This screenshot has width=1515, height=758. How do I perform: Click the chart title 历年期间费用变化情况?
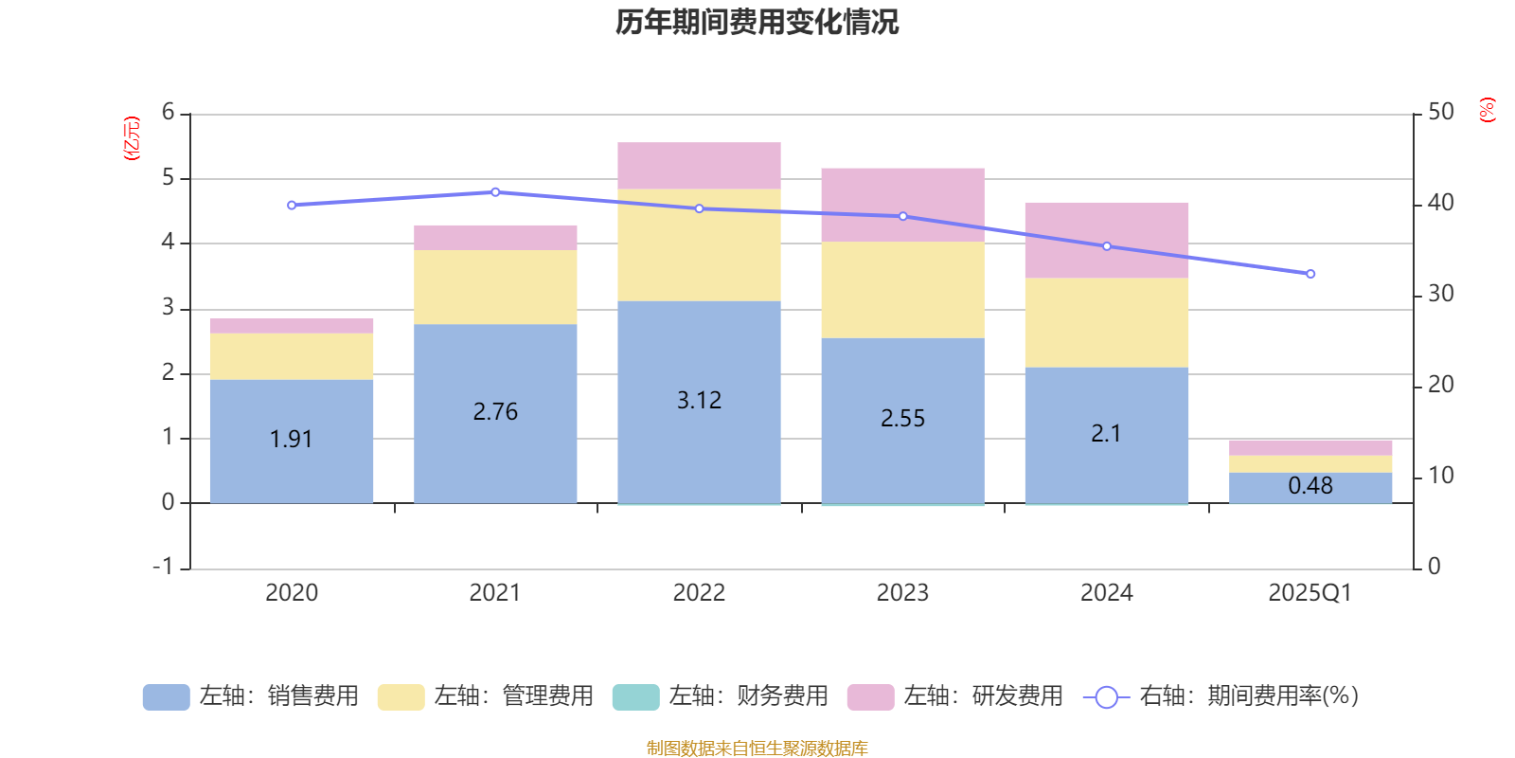tap(757, 22)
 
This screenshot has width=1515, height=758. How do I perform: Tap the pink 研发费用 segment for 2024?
tap(1106, 240)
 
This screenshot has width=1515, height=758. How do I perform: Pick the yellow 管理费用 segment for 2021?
tap(495, 287)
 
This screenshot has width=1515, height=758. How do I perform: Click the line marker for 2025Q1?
tap(1310, 274)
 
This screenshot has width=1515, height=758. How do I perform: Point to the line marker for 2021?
tap(495, 192)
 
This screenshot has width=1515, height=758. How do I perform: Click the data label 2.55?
tap(902, 419)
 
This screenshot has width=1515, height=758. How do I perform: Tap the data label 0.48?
tap(1310, 486)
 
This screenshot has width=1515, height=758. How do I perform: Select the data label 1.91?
tap(291, 440)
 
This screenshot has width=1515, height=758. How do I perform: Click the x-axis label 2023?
tap(902, 593)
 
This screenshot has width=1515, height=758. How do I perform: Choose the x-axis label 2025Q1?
tap(1310, 593)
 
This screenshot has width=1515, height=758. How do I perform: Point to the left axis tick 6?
tap(169, 113)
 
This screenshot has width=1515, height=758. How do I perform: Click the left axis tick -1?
tap(164, 567)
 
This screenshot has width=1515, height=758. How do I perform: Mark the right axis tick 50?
tap(1440, 113)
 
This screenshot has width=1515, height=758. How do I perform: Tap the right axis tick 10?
tap(1440, 476)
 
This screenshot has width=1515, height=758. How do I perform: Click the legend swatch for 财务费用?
tap(635, 696)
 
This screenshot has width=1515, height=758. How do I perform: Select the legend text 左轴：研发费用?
tap(982, 696)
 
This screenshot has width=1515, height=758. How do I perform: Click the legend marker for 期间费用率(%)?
tap(1106, 697)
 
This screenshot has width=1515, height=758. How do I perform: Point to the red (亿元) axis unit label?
tap(132, 138)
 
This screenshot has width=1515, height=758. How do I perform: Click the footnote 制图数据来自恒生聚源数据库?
tap(757, 749)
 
